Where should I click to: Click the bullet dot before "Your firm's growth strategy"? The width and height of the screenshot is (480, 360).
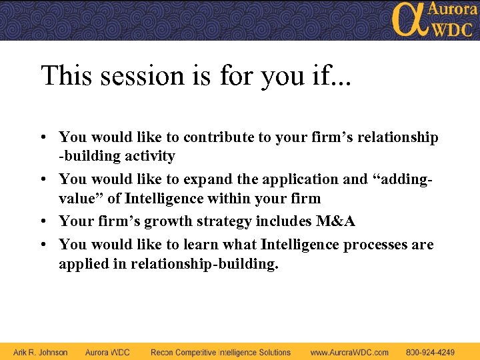[x=43, y=221]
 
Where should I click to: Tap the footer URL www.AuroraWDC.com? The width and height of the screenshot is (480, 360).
[x=349, y=352]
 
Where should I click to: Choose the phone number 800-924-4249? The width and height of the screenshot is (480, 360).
[x=431, y=352]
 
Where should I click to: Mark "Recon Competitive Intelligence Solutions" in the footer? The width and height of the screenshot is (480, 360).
[x=221, y=352]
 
